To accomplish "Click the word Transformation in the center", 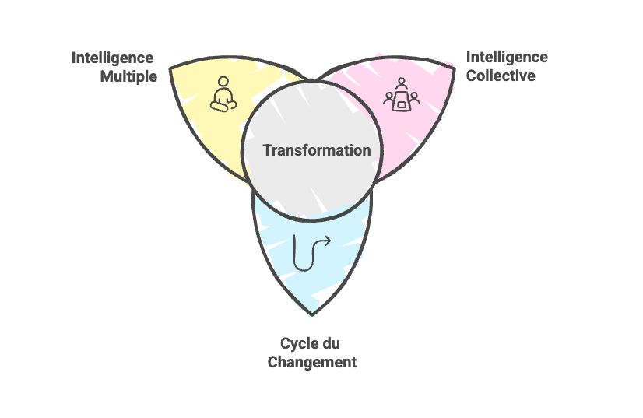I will (x=316, y=150).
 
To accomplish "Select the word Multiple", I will (x=128, y=77).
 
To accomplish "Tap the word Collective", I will (x=501, y=76).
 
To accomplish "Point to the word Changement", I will (x=311, y=362).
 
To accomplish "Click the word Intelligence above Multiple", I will (x=113, y=58).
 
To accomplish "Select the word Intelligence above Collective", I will (x=507, y=58).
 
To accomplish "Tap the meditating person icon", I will (x=223, y=95).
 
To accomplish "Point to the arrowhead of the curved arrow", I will (x=328, y=241).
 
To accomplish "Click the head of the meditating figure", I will (x=223, y=82).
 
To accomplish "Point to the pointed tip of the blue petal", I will (x=312, y=314).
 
